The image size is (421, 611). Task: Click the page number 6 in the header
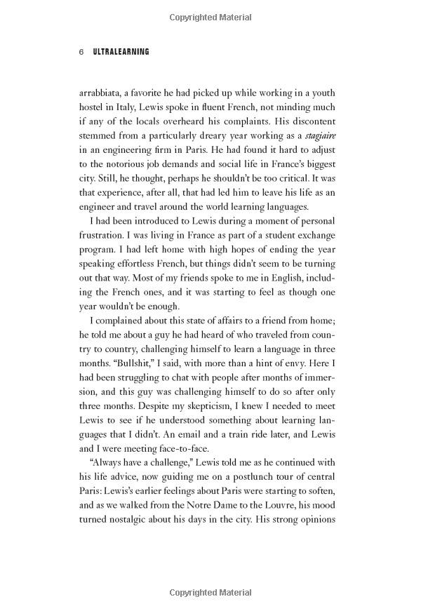pyautogui.click(x=81, y=52)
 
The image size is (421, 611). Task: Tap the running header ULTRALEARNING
pyautogui.click(x=121, y=52)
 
